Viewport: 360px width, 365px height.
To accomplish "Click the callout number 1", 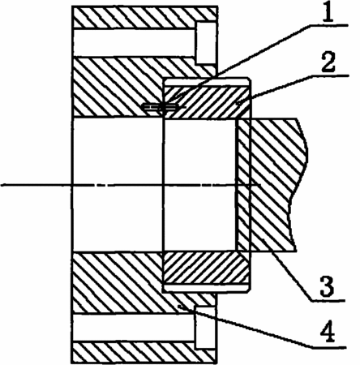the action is pyautogui.click(x=328, y=11).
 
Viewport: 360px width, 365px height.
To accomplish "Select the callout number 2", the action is pyautogui.click(x=328, y=62).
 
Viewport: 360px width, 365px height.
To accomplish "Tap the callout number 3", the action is pyautogui.click(x=328, y=286).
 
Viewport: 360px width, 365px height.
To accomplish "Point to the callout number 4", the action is pyautogui.click(x=328, y=333).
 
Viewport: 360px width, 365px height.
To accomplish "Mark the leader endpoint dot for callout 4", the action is pyautogui.click(x=179, y=306).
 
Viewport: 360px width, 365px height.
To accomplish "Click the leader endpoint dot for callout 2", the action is pyautogui.click(x=237, y=104).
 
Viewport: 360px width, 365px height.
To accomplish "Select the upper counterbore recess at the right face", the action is pyautogui.click(x=206, y=43).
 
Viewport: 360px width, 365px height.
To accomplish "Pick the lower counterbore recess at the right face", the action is pyautogui.click(x=206, y=328).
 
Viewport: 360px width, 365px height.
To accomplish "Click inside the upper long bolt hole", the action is pyautogui.click(x=134, y=42).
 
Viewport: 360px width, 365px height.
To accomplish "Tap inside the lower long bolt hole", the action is pyautogui.click(x=134, y=328).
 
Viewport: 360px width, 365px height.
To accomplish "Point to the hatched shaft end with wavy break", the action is pyautogui.click(x=273, y=185).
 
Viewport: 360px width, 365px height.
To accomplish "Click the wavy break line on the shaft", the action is pyautogui.click(x=299, y=185).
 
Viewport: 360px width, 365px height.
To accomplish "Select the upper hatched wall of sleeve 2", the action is pyautogui.click(x=207, y=102).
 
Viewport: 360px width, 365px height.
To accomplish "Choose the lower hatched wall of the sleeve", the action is pyautogui.click(x=206, y=268).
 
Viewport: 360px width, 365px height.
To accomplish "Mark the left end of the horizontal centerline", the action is pyautogui.click(x=1, y=185).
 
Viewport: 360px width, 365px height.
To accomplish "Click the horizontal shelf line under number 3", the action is pyautogui.click(x=328, y=300).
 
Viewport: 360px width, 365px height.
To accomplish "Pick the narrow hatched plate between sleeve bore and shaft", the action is pyautogui.click(x=243, y=185).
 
